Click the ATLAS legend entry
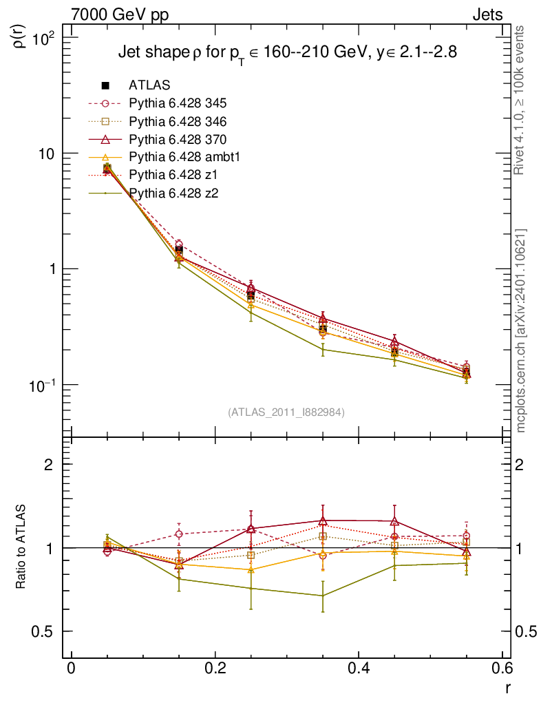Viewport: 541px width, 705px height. [x=149, y=85]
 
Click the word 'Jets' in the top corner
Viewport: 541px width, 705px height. [x=487, y=14]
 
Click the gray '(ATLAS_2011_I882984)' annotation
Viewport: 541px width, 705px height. [x=286, y=412]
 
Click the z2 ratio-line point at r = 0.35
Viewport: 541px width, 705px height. [x=323, y=596]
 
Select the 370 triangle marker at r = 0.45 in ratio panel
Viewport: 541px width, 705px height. [x=394, y=521]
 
